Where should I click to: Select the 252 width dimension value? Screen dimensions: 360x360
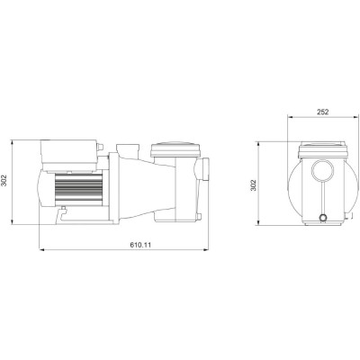coord(321,112)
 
